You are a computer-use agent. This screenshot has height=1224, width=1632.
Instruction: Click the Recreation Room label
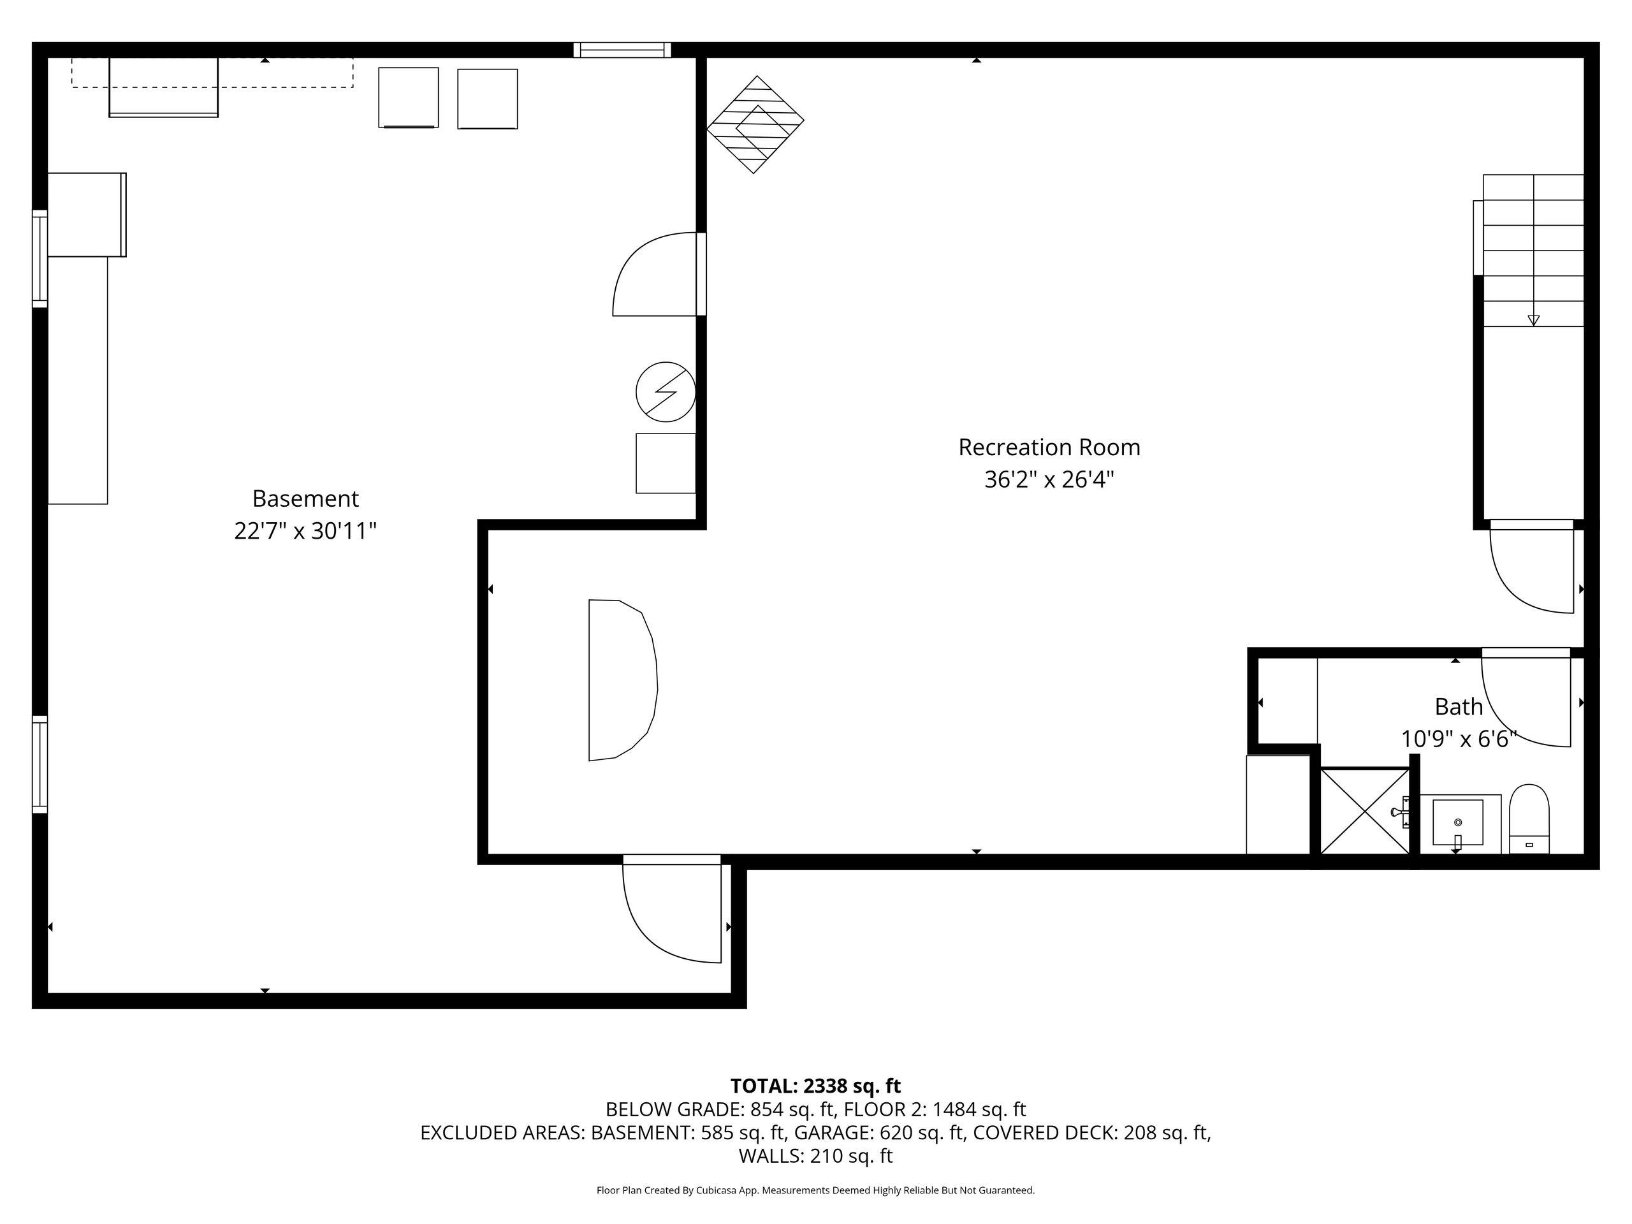[x=1049, y=447]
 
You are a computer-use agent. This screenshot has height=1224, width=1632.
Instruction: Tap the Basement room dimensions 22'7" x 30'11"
[x=305, y=531]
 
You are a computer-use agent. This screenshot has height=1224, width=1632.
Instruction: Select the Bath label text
[x=1459, y=707]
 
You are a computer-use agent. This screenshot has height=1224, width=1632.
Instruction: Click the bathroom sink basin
[x=1457, y=822]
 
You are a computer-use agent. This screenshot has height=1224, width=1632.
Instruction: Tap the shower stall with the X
[x=1364, y=812]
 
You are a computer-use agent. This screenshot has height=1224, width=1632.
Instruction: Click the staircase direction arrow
[x=1533, y=320]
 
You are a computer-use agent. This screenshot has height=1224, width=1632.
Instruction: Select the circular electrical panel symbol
[x=666, y=392]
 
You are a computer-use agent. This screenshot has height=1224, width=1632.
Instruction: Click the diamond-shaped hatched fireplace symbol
[x=755, y=125]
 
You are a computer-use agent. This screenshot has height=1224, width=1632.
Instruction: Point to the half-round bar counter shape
[x=622, y=680]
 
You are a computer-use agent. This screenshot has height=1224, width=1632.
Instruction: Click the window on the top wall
[x=622, y=50]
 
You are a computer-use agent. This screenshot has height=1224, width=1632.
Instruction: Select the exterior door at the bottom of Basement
[x=671, y=909]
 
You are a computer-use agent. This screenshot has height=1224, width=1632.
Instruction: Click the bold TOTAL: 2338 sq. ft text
[x=815, y=1086]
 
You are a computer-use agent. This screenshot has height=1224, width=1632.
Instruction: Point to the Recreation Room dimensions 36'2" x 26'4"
[x=1049, y=480]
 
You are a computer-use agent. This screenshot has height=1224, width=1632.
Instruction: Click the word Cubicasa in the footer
[x=715, y=1190]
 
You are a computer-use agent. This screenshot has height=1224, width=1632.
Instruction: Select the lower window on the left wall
[x=40, y=764]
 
